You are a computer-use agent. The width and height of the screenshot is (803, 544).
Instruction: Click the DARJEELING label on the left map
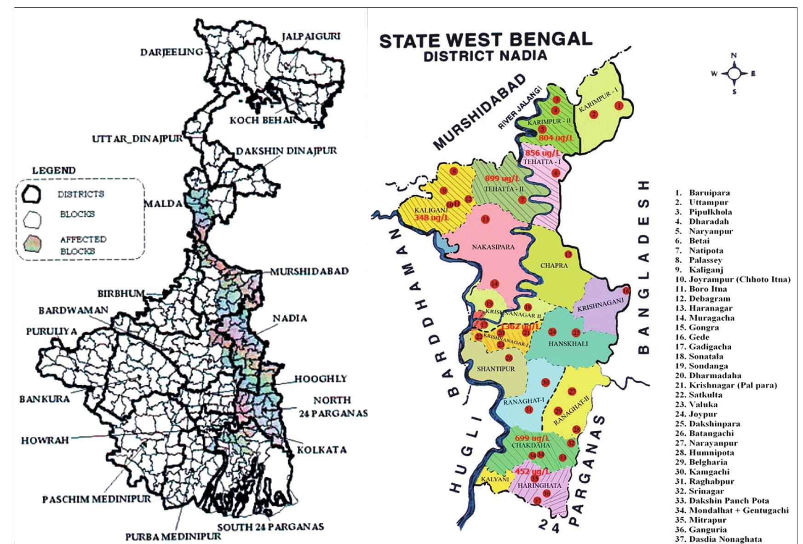171,52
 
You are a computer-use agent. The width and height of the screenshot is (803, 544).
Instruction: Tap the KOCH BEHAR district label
262,121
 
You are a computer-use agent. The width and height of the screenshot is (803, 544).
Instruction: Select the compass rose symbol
734,74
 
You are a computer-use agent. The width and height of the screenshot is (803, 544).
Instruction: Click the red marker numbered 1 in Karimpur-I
619,105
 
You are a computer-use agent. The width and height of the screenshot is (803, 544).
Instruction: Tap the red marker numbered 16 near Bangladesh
626,291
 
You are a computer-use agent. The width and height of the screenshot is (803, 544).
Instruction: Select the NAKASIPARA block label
493,247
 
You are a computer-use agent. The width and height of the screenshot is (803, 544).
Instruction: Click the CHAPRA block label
554,266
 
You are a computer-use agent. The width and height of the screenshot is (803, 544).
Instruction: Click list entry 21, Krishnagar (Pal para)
732,385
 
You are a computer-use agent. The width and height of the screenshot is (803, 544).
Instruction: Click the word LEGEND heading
54,171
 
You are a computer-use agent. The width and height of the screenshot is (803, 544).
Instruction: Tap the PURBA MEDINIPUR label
173,536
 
